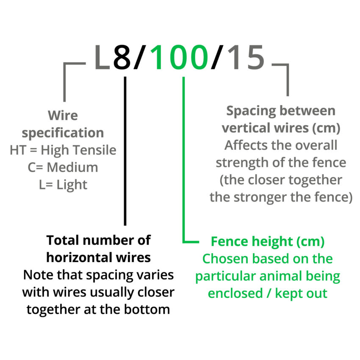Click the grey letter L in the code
pos(102,58)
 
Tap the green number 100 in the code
pos(180,58)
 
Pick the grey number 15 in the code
pos(246,58)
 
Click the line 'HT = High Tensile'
pos(63,150)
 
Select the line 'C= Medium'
pos(63,167)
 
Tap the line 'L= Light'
pos(63,185)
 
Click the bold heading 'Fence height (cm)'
pos(268,241)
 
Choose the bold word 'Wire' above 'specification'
pos(63,115)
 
